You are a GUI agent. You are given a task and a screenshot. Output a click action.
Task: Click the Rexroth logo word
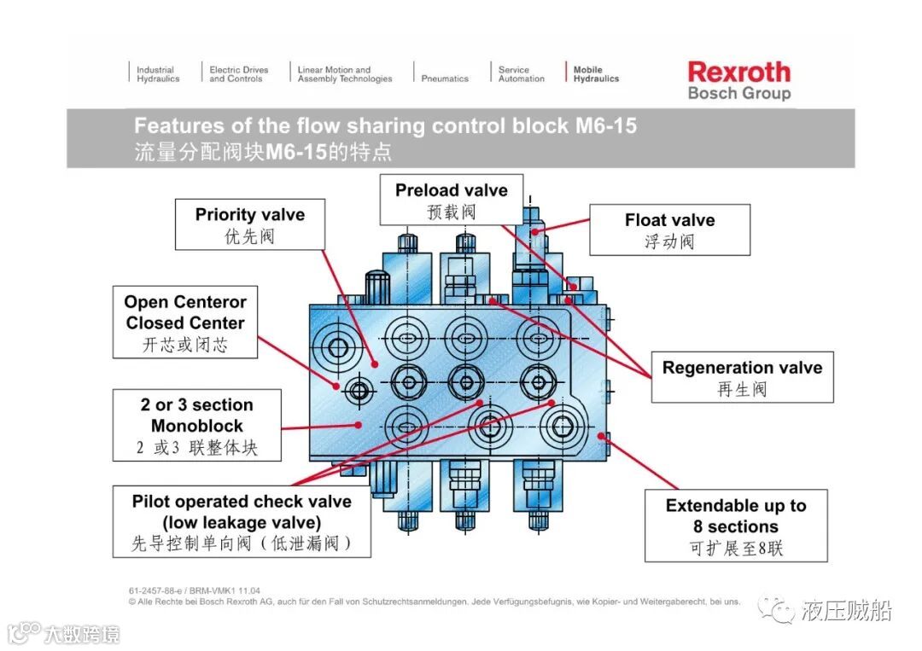point(738,72)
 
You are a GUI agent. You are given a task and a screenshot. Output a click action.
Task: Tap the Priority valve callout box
point(250,224)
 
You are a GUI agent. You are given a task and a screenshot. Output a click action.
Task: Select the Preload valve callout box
point(451,201)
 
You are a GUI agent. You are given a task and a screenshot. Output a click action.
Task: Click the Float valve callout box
point(669,230)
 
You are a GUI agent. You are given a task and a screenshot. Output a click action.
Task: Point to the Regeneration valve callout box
point(742,377)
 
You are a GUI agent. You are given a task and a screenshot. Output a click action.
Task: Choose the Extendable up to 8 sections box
point(735,526)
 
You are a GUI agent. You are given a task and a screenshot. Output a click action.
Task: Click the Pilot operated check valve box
point(242,521)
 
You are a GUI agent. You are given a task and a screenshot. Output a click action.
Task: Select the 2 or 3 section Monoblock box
point(197,425)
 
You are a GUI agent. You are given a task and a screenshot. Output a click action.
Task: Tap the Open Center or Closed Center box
point(184,323)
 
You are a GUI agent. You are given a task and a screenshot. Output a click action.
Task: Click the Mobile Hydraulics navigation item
point(596,74)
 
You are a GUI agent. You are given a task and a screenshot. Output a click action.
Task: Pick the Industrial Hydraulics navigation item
point(158,74)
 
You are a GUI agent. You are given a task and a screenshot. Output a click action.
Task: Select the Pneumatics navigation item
point(445,78)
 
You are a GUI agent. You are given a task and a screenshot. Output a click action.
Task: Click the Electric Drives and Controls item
point(238,74)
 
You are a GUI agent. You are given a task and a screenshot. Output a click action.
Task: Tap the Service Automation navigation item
point(521,74)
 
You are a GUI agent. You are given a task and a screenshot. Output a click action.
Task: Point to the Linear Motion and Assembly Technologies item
point(345,74)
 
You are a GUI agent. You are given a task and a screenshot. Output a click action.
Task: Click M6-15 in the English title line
point(605,126)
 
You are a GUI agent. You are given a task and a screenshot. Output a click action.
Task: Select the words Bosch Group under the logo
point(739,93)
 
